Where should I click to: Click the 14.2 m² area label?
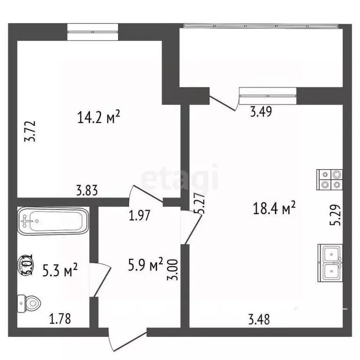[x=100, y=116]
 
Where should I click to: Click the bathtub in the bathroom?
[x=53, y=221]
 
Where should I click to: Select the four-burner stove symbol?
[x=330, y=178]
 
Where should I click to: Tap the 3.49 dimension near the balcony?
[x=261, y=112]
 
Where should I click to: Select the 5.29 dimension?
[x=335, y=215]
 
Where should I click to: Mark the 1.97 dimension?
[x=139, y=216]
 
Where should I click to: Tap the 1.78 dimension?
[x=60, y=320]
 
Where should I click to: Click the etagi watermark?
[x=180, y=177]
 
